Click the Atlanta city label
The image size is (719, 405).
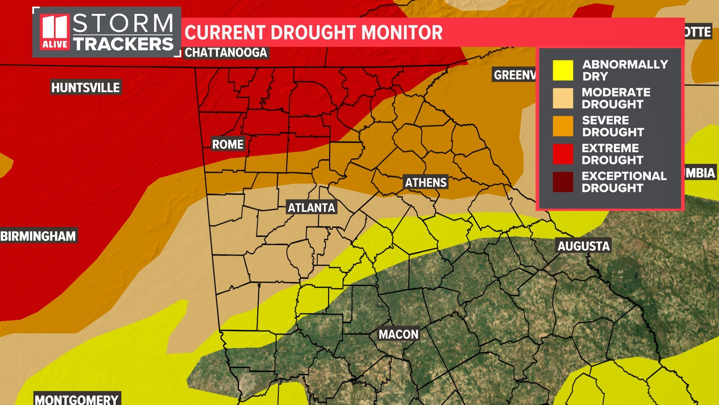(x=311, y=207)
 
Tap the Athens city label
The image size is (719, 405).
(x=426, y=183)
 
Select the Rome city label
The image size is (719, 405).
(x=228, y=144)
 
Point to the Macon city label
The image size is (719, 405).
(x=398, y=334)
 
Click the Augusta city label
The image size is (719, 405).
(x=583, y=246)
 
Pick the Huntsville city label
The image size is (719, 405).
(x=85, y=88)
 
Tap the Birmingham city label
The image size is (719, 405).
(x=38, y=236)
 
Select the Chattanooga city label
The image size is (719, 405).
(x=226, y=52)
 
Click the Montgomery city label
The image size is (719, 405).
(x=77, y=399)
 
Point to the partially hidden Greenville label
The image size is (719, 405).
(x=514, y=75)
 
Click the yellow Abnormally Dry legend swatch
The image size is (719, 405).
(x=563, y=70)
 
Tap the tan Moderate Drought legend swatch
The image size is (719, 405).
(x=563, y=98)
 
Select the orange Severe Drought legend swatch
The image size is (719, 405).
(x=563, y=126)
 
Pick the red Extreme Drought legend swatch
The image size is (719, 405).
(x=563, y=154)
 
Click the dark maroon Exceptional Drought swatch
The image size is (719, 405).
(x=563, y=182)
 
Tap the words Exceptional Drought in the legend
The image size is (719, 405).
(x=624, y=182)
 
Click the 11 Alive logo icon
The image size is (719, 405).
(x=55, y=32)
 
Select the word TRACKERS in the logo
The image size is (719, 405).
(x=123, y=44)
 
